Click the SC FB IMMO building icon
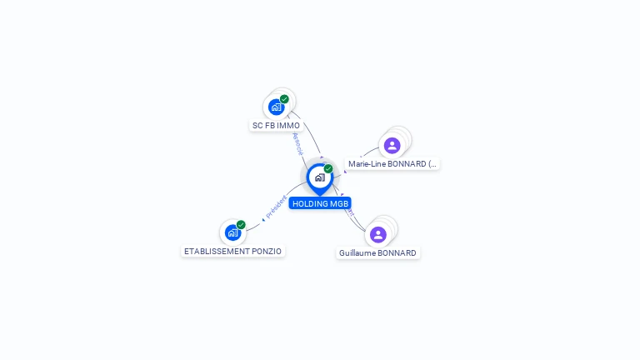click(276, 107)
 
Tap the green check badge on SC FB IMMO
click(285, 99)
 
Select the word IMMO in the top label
click(288, 126)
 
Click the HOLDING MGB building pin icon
click(319, 177)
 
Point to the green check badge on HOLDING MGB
click(328, 168)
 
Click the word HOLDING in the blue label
click(310, 203)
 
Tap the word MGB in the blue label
click(339, 203)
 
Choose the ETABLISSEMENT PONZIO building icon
click(232, 232)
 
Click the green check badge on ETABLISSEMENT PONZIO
click(241, 224)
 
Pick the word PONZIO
click(269, 251)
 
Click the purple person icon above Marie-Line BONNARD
click(392, 146)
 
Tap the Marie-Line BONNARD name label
click(392, 164)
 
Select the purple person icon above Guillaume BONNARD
click(378, 234)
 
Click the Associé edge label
click(298, 142)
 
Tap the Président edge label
click(277, 206)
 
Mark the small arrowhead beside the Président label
click(263, 218)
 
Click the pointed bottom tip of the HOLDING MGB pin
click(319, 195)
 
